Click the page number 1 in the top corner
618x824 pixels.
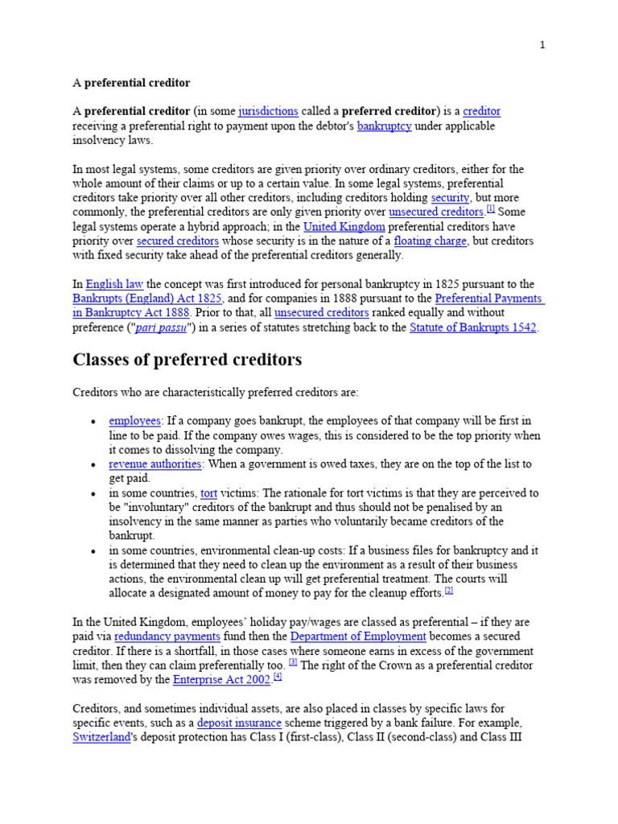point(542,45)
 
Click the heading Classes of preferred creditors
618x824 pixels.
point(187,360)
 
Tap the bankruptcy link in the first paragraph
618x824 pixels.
point(385,126)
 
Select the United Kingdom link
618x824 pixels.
point(344,227)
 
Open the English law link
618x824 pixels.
point(114,284)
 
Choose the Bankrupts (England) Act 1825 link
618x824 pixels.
point(146,299)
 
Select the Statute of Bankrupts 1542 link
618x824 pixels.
point(473,328)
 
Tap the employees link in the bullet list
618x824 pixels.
point(134,421)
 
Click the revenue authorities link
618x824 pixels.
point(155,464)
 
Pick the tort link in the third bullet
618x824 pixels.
point(209,492)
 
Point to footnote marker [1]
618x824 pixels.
point(490,210)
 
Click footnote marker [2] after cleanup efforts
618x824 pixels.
point(449,591)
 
